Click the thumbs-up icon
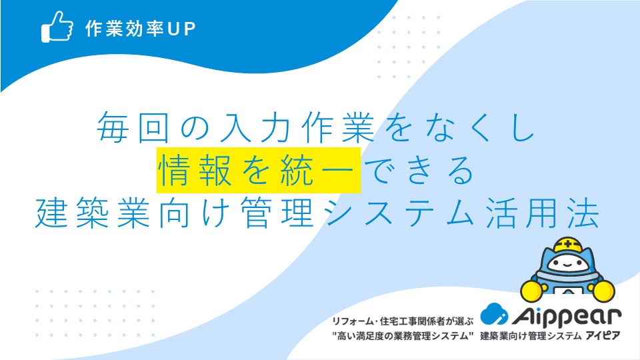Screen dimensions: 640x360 click(x=57, y=27)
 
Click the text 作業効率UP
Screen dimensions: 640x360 click(x=141, y=29)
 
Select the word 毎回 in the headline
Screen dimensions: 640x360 click(x=133, y=127)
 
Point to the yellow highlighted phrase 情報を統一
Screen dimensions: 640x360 click(x=259, y=170)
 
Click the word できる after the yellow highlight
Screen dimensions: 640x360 click(x=419, y=171)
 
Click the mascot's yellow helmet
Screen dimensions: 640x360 click(x=567, y=244)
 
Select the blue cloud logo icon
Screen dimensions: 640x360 click(x=494, y=314)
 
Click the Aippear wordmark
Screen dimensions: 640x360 click(x=567, y=316)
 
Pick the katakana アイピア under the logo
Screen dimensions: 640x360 click(x=603, y=335)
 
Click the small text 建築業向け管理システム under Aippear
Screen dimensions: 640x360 click(x=531, y=336)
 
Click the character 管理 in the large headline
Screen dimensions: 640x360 click(x=277, y=213)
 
